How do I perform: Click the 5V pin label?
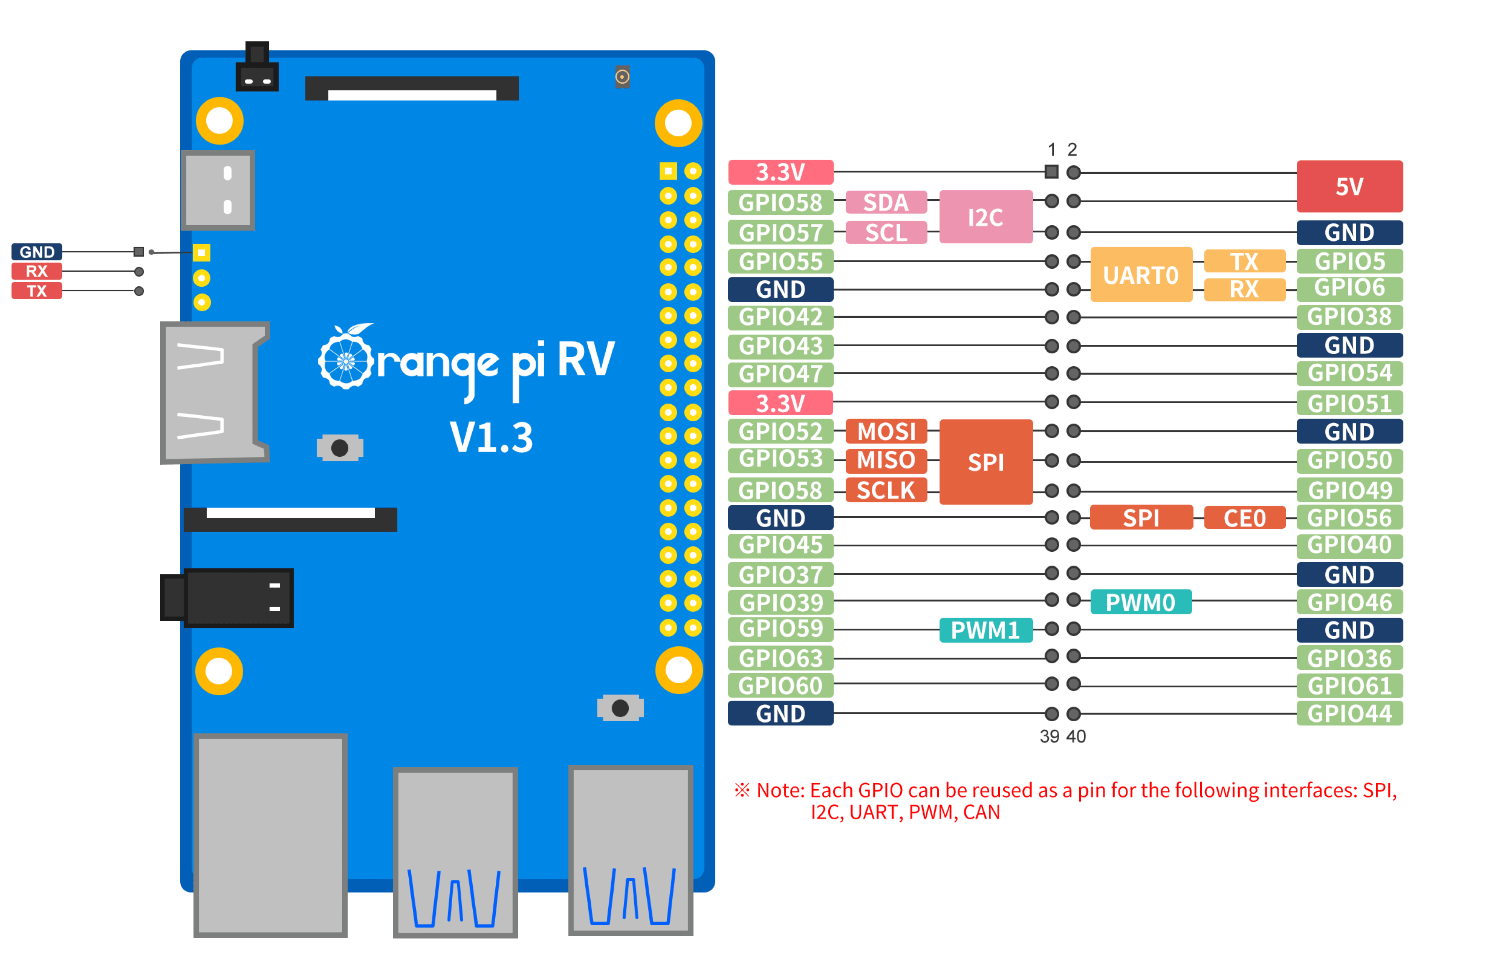(x=1349, y=187)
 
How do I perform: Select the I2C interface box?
(x=985, y=217)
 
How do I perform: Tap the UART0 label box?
(x=1141, y=275)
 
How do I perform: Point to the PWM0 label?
(x=1140, y=602)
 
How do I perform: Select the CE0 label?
(x=1244, y=518)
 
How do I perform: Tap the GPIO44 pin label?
(x=1349, y=713)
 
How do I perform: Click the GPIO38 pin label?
(x=1349, y=316)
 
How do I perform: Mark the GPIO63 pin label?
(x=780, y=658)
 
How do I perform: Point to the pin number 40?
(x=1076, y=736)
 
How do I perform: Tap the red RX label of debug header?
(x=36, y=271)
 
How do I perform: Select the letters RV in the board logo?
(x=586, y=360)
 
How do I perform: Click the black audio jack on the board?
(x=229, y=598)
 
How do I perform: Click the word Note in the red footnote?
(x=780, y=790)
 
